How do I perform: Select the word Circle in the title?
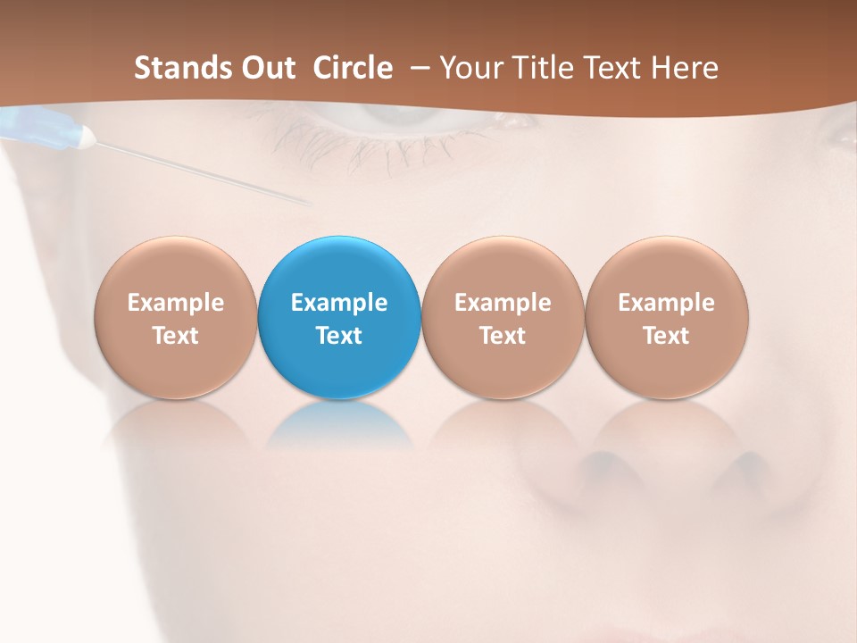[x=352, y=68]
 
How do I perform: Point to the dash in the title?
[x=416, y=68]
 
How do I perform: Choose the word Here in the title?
[x=685, y=68]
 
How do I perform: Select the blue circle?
[x=338, y=316]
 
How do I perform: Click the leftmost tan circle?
[x=175, y=316]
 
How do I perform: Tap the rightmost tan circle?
[x=666, y=316]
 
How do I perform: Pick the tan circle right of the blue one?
[x=503, y=316]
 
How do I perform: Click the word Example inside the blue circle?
[x=339, y=303]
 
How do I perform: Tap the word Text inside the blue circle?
[x=339, y=336]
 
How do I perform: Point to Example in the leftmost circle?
[x=176, y=303]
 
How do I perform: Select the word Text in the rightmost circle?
[x=666, y=336]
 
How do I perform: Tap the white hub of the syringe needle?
[x=86, y=137]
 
